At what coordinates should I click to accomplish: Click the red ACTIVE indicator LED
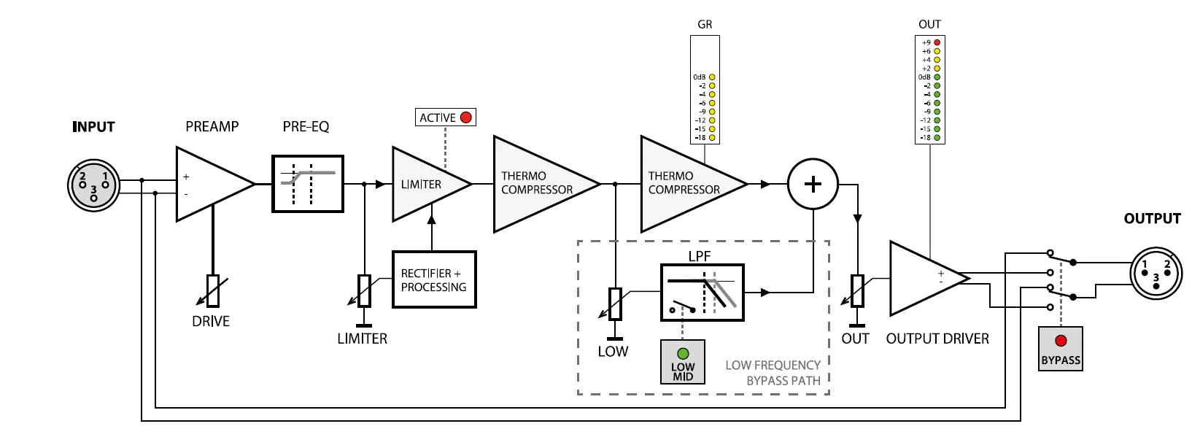tap(465, 117)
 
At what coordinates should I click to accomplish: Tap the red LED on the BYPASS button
tap(1061, 341)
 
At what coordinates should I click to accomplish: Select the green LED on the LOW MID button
tap(683, 353)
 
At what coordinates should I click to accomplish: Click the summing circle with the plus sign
tap(813, 184)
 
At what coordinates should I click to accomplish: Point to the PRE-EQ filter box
tap(308, 184)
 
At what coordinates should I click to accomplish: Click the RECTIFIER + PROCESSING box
tap(434, 280)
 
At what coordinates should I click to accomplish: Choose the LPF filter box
tap(703, 293)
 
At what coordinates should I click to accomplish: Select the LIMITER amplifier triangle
tap(432, 184)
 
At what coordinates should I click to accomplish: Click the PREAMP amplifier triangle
tap(215, 184)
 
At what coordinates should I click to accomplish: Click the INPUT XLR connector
tap(93, 185)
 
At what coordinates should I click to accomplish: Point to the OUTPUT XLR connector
tap(1156, 273)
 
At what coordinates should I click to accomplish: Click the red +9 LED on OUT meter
tap(937, 42)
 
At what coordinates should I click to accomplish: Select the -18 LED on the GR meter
tap(712, 138)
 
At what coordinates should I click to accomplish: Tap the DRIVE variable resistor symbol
tap(213, 290)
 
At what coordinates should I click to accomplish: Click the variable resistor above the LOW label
tap(615, 304)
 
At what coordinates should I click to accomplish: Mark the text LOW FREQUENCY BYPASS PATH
tap(773, 373)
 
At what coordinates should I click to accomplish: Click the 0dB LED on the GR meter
tap(712, 77)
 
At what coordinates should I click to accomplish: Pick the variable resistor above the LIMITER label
tap(364, 290)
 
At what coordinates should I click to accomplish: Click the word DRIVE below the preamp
tap(211, 322)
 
